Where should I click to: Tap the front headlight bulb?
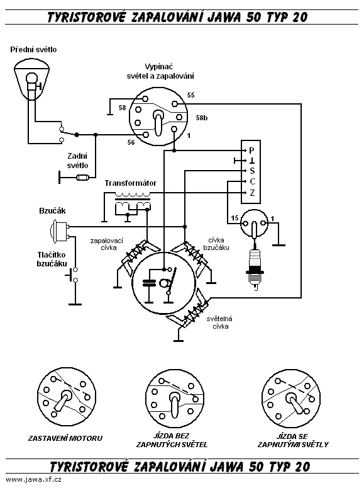(31, 78)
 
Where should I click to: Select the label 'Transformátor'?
(131, 183)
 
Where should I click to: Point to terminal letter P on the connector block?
(251, 151)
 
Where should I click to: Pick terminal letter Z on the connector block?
(252, 193)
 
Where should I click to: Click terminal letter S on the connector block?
(252, 171)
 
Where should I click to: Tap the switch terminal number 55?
(190, 95)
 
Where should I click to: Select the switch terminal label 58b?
(202, 118)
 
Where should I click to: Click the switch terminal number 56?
(131, 142)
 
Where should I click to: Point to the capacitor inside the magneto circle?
(150, 283)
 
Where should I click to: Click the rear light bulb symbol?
(83, 178)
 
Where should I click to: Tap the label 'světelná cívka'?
(219, 322)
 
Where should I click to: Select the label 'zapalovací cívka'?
(106, 244)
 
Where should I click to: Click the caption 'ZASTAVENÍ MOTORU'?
(65, 438)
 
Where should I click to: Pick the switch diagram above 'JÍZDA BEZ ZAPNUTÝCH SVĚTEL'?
(175, 399)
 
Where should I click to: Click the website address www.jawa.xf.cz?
(34, 479)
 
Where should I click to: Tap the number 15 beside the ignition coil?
(234, 218)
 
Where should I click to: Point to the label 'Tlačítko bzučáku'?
(52, 259)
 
